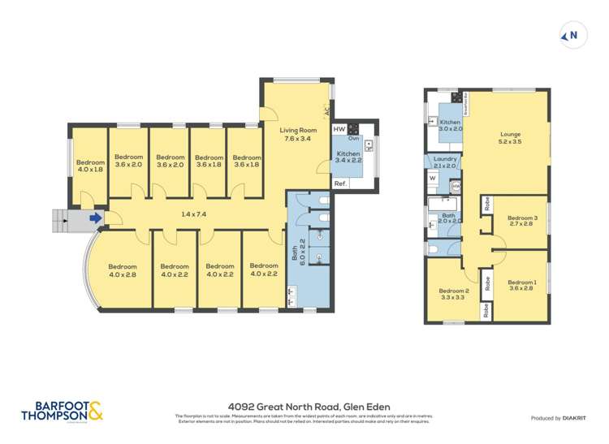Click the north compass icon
coord(572,35)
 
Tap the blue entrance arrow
coord(96,218)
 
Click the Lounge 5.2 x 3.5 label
coord(510,139)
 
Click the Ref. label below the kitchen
coord(341,184)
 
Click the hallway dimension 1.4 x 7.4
coord(193,214)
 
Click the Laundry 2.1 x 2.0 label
coord(444,162)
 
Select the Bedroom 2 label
coord(454,295)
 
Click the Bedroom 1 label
coord(522,285)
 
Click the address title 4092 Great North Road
coord(309,407)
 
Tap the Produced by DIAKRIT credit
coord(558,418)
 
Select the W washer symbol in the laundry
coord(432,178)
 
